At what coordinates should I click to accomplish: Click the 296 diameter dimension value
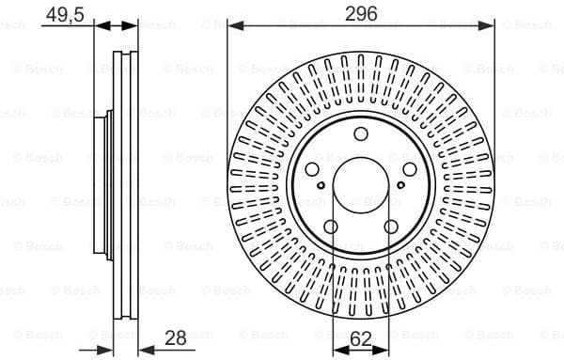click(362, 12)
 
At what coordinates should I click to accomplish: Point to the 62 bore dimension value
click(361, 339)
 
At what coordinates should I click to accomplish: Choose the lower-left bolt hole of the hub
click(331, 227)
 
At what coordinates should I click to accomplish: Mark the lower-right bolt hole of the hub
click(392, 227)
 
